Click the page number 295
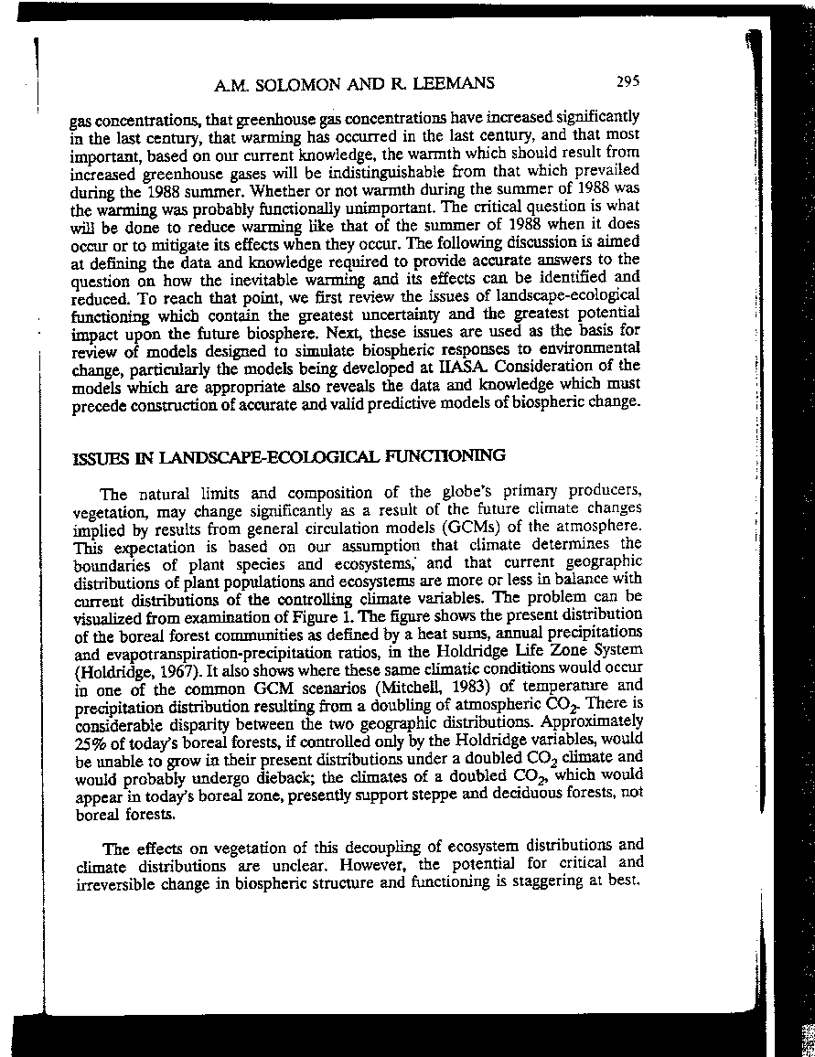[627, 80]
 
